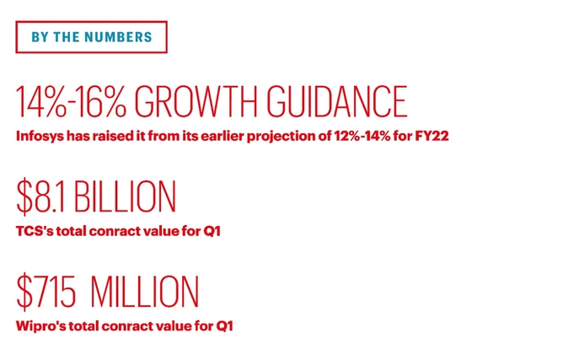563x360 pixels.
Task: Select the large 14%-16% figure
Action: pos(71,102)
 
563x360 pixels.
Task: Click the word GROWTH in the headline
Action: pos(196,102)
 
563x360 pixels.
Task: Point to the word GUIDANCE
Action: pos(337,102)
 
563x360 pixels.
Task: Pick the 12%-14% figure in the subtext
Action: pos(362,137)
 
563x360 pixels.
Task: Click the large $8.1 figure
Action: pos(41,196)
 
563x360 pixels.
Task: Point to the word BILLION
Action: pos(126,196)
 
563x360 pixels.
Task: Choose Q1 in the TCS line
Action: pos(212,231)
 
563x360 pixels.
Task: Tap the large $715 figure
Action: pos(46,292)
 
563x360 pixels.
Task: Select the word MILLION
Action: pos(145,292)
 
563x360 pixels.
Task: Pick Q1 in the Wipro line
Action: pos(224,326)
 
